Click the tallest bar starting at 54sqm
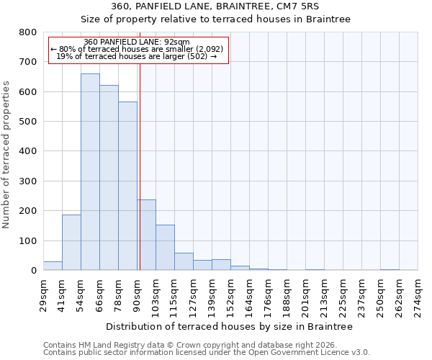[90, 173]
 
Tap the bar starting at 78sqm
[127, 187]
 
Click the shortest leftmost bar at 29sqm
[53, 266]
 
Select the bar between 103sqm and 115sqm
[165, 248]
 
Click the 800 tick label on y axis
[28, 32]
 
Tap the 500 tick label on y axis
[28, 122]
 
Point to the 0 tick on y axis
[33, 271]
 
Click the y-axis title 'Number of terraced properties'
[7, 155]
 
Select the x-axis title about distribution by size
[229, 326]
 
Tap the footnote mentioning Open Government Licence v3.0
[206, 352]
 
